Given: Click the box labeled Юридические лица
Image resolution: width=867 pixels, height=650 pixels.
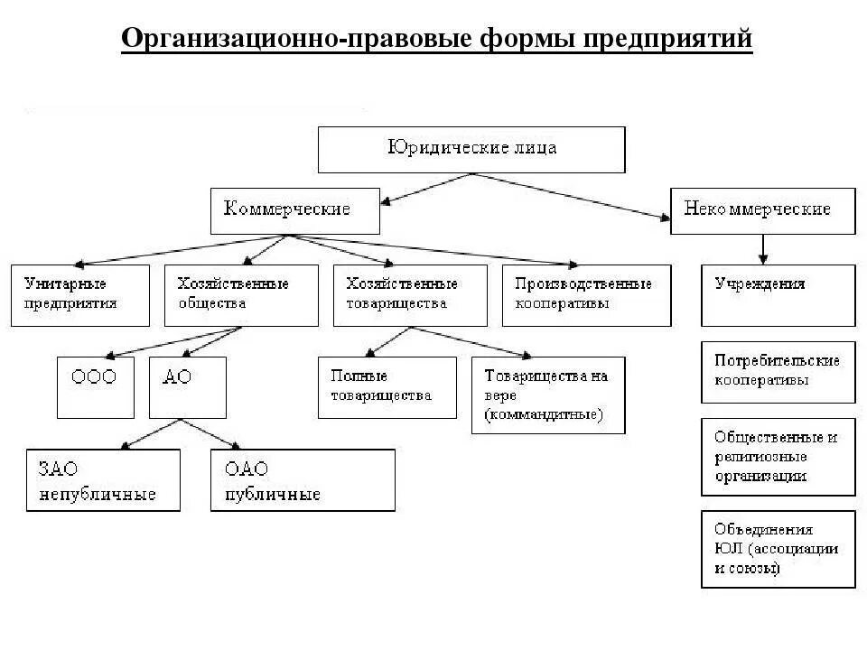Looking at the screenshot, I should point(471,149).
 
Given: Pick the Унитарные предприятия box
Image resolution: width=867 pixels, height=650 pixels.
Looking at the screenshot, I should point(80,295).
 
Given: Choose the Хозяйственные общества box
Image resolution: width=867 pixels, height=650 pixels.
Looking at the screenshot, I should point(241,295).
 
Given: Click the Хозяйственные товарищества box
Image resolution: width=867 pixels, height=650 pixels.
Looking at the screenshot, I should point(410,295).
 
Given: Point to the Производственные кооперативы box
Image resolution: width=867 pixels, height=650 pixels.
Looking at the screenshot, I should point(587,295).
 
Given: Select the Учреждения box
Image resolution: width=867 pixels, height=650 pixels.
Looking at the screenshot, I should point(778,295).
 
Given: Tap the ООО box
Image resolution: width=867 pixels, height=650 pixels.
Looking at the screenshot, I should point(95,387).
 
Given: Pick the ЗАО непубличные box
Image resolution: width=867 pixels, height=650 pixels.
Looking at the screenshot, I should point(103,480).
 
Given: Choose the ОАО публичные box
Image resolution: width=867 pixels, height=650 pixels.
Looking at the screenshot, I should point(303,480).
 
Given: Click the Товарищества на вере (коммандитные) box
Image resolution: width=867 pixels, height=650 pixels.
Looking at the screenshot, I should point(548,395).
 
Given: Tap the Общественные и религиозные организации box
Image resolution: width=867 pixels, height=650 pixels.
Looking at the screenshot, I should point(778,457).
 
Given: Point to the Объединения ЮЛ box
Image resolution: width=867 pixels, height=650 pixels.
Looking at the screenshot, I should point(778,549).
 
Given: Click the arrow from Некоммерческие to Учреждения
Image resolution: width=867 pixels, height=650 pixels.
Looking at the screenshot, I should point(764,249).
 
